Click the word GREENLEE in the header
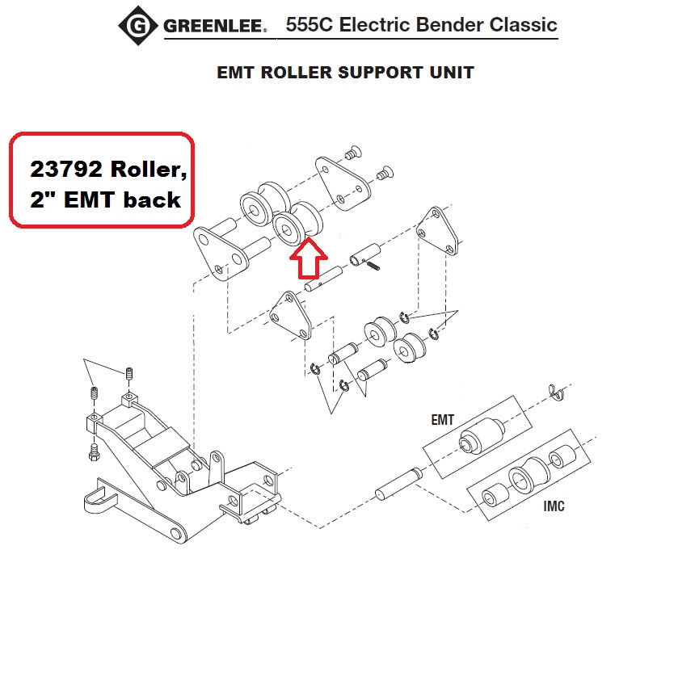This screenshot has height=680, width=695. (x=214, y=27)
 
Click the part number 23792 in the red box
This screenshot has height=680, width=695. (x=66, y=170)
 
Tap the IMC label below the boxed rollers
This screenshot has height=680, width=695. (x=554, y=506)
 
